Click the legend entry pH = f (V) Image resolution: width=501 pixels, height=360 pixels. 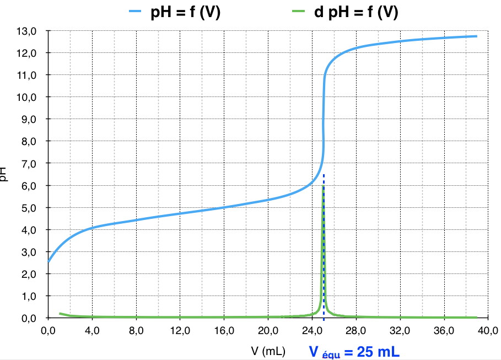click(x=185, y=12)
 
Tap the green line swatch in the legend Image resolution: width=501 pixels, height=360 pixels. click(x=297, y=12)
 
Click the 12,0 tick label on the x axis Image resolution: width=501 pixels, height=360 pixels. click(x=180, y=331)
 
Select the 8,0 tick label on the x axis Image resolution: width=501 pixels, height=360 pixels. click(x=136, y=331)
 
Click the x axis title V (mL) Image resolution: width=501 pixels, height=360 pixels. click(x=268, y=351)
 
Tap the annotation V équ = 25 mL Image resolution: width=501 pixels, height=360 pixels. click(x=354, y=351)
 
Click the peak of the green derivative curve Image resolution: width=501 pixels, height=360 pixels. click(x=323, y=186)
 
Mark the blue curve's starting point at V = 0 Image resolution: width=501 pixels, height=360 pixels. click(x=48, y=262)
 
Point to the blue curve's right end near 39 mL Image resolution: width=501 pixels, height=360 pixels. click(x=476, y=36)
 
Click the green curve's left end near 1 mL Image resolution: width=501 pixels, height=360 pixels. click(x=60, y=314)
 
